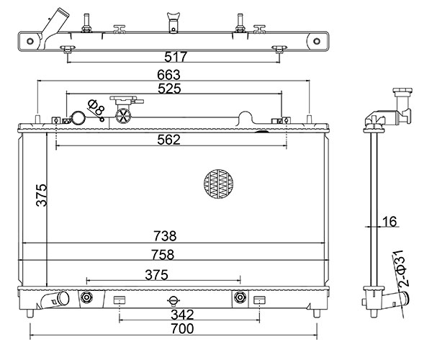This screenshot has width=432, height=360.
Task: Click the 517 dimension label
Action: pyautogui.click(x=176, y=57)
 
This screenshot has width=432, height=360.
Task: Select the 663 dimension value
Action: pyautogui.click(x=168, y=75)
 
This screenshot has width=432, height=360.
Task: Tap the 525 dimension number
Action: pyautogui.click(x=169, y=89)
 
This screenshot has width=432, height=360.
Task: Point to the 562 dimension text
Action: pyautogui.click(x=168, y=140)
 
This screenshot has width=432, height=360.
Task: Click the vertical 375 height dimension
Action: pyautogui.click(x=42, y=195)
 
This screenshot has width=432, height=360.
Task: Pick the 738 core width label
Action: pyautogui.click(x=165, y=236)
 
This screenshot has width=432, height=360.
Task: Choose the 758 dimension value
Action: pyautogui.click(x=163, y=255)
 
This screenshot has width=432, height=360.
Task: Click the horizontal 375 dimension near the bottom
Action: pyautogui.click(x=156, y=275)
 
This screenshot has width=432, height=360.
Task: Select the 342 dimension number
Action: pyautogui.click(x=182, y=315)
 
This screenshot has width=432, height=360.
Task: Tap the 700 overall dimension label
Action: pyautogui.click(x=182, y=328)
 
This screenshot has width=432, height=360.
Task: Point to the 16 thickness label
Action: pyautogui.click(x=390, y=222)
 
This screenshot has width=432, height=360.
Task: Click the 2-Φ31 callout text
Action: pyautogui.click(x=402, y=269)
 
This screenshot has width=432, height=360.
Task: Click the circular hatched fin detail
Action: pyautogui.click(x=218, y=184)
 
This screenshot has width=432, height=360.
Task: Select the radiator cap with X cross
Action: pyautogui.click(x=123, y=116)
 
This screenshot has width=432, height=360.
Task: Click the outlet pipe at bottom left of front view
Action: pyautogui.click(x=55, y=300)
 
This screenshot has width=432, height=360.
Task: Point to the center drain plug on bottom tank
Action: pyautogui.click(x=174, y=300)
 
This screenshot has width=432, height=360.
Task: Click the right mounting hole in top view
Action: pyautogui.click(x=317, y=41)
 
